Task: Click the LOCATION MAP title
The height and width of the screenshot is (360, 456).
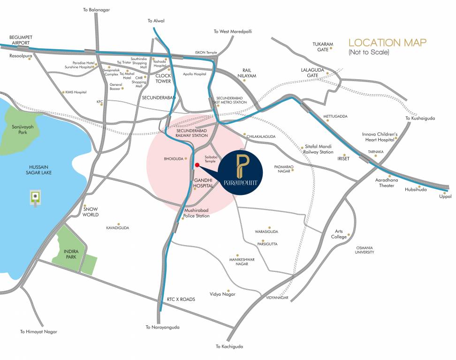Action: click(x=387, y=43)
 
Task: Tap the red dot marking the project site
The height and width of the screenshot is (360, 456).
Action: click(x=197, y=165)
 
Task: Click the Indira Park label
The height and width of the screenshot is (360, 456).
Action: click(x=71, y=255)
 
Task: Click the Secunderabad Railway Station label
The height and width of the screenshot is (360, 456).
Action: click(x=191, y=133)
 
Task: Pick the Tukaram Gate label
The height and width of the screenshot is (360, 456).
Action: click(x=323, y=47)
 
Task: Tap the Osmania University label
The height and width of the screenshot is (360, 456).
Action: click(x=365, y=250)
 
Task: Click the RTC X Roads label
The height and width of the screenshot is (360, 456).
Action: click(x=181, y=299)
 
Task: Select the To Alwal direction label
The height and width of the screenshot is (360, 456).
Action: click(x=156, y=21)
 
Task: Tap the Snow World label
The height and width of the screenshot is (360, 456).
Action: click(x=91, y=212)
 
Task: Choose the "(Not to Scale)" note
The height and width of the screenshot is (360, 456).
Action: click(x=369, y=52)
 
